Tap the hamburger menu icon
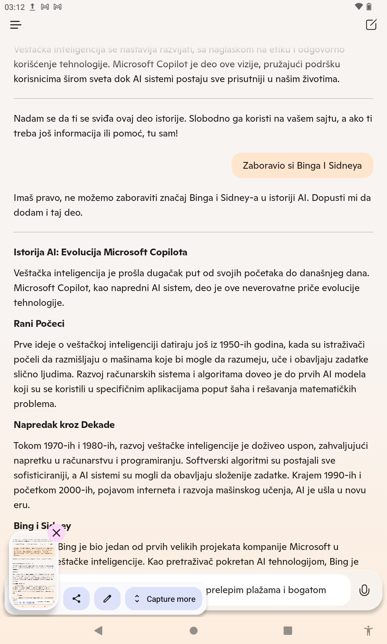tap(16, 25)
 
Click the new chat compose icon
tap(371, 25)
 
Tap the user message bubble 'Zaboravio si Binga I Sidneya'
tap(302, 166)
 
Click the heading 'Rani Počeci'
tap(39, 324)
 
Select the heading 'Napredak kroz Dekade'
tap(64, 425)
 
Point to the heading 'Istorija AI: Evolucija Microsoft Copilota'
tap(100, 252)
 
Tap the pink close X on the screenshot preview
tap(56, 533)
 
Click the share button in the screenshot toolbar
tap(76, 599)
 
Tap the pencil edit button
tap(107, 599)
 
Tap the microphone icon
tap(364, 590)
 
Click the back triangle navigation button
tap(98, 630)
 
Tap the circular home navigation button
tap(193, 630)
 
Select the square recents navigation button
tap(288, 630)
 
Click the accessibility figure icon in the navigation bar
tap(368, 630)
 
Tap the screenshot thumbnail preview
tap(34, 570)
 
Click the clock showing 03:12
tap(15, 7)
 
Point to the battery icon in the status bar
tap(369, 7)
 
